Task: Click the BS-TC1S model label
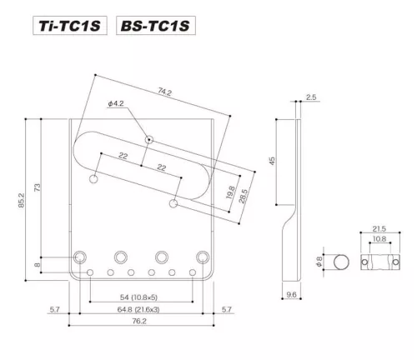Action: pyautogui.click(x=157, y=26)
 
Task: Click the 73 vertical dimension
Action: pyautogui.click(x=37, y=189)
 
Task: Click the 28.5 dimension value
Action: pyautogui.click(x=244, y=196)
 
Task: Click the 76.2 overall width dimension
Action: pyautogui.click(x=145, y=324)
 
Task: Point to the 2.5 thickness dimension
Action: pyautogui.click(x=311, y=97)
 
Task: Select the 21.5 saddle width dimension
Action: pyautogui.click(x=378, y=227)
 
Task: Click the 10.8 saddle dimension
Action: pyautogui.click(x=378, y=239)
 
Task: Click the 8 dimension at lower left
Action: pyautogui.click(x=37, y=265)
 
